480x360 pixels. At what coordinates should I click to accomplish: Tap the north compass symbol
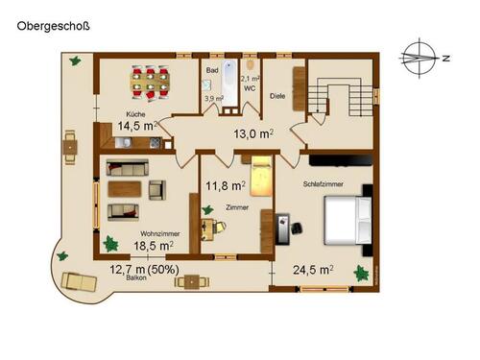420,57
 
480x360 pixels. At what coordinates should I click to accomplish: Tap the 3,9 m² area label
213,98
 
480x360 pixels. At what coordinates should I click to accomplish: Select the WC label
248,87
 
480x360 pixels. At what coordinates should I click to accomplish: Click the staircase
340,95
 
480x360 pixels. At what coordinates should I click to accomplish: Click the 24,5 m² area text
313,270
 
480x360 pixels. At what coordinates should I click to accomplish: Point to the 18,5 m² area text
154,246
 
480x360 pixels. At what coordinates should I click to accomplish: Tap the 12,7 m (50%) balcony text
149,269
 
